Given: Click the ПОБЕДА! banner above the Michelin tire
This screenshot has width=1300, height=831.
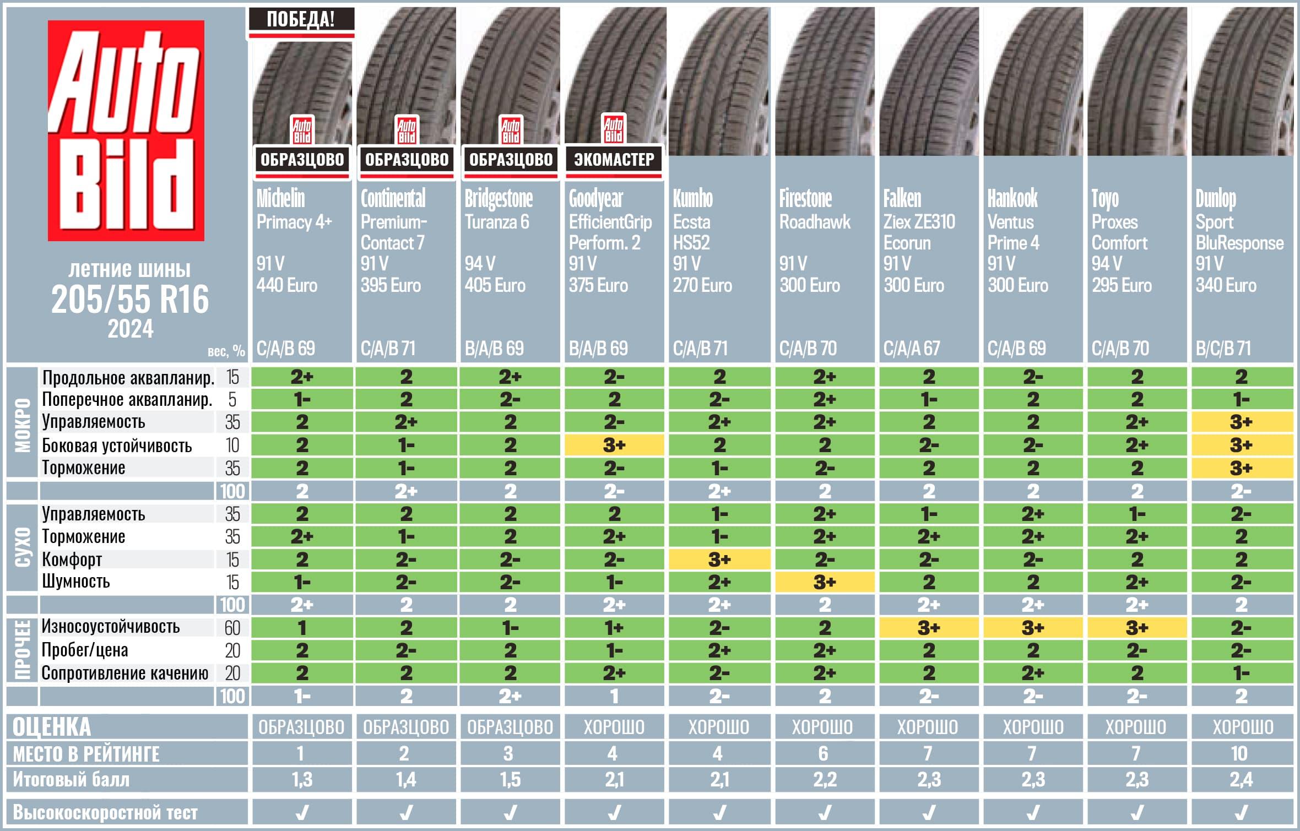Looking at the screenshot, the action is [x=301, y=19].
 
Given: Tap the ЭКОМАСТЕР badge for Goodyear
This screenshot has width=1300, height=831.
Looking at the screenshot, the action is [x=614, y=160].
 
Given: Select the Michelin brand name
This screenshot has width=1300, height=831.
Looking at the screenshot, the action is [x=280, y=198].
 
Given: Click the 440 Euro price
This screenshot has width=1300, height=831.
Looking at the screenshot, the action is [x=286, y=285].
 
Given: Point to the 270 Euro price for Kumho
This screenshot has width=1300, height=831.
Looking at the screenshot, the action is [x=702, y=285].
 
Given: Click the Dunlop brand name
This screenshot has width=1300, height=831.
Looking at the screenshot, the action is [x=1216, y=199].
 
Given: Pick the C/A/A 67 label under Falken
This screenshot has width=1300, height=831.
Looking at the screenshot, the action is [x=912, y=348].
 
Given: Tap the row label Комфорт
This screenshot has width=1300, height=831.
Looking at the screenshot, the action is [x=72, y=560].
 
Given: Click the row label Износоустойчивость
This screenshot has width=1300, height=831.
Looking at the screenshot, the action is [x=111, y=627].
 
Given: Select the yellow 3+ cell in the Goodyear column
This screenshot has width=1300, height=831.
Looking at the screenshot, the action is [x=614, y=445].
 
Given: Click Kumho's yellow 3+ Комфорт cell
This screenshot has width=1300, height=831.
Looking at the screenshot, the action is [x=719, y=560].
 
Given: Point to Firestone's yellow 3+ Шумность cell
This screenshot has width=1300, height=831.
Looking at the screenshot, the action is [x=824, y=582].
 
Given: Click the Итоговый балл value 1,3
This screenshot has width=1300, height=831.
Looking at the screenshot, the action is [x=302, y=779].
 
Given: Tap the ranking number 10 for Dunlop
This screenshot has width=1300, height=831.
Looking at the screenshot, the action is [x=1239, y=753].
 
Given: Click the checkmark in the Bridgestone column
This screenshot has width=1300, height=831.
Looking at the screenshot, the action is [x=510, y=812].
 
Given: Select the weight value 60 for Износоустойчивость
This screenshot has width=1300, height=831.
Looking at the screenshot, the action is [x=232, y=628].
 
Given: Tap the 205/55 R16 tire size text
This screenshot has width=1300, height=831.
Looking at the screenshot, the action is [x=130, y=300].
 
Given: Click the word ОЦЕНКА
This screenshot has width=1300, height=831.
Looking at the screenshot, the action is [x=52, y=727].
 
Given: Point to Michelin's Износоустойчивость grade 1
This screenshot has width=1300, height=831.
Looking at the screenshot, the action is [x=302, y=628].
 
